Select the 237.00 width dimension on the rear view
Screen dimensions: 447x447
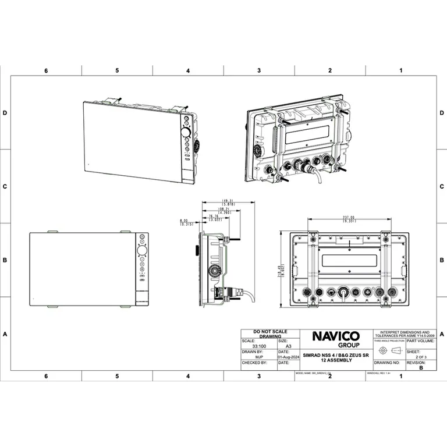(x=349, y=219)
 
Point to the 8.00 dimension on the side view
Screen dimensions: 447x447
(x=185, y=222)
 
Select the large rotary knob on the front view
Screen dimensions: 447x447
(x=141, y=251)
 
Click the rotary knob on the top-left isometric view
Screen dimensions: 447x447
(x=186, y=133)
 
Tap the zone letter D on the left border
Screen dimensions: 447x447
(x=5, y=113)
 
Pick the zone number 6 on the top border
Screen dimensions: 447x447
(x=46, y=70)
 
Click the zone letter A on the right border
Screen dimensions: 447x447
(x=442, y=334)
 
